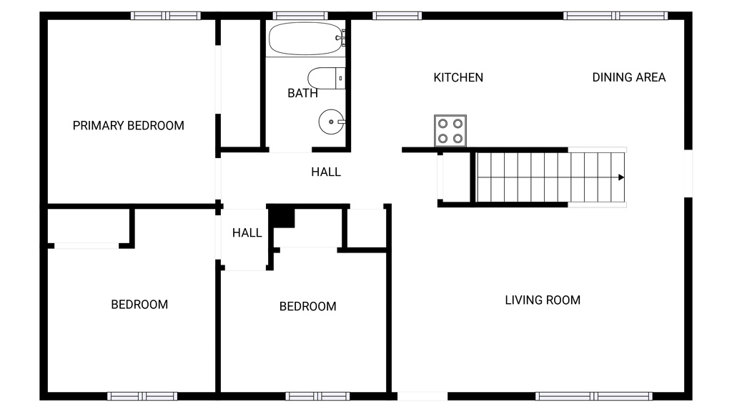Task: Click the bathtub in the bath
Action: [x=305, y=39]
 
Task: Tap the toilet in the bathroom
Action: [x=326, y=78]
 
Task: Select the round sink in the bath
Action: [x=332, y=122]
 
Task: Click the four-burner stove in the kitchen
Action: [x=450, y=131]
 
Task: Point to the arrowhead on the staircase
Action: [x=621, y=177]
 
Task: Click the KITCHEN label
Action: [x=458, y=77]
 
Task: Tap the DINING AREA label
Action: [x=629, y=77]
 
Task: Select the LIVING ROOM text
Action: [x=543, y=300]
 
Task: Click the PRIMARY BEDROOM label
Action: [x=129, y=126]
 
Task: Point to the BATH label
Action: [x=302, y=94]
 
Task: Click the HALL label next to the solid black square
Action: [x=247, y=232]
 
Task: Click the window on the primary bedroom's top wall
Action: [x=166, y=16]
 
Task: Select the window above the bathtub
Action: [x=300, y=16]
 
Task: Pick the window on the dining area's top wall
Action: [x=615, y=16]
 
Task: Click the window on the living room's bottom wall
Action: [x=593, y=396]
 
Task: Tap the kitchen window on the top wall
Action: [x=397, y=16]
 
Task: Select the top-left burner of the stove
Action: [x=443, y=124]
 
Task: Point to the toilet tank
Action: [x=340, y=78]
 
